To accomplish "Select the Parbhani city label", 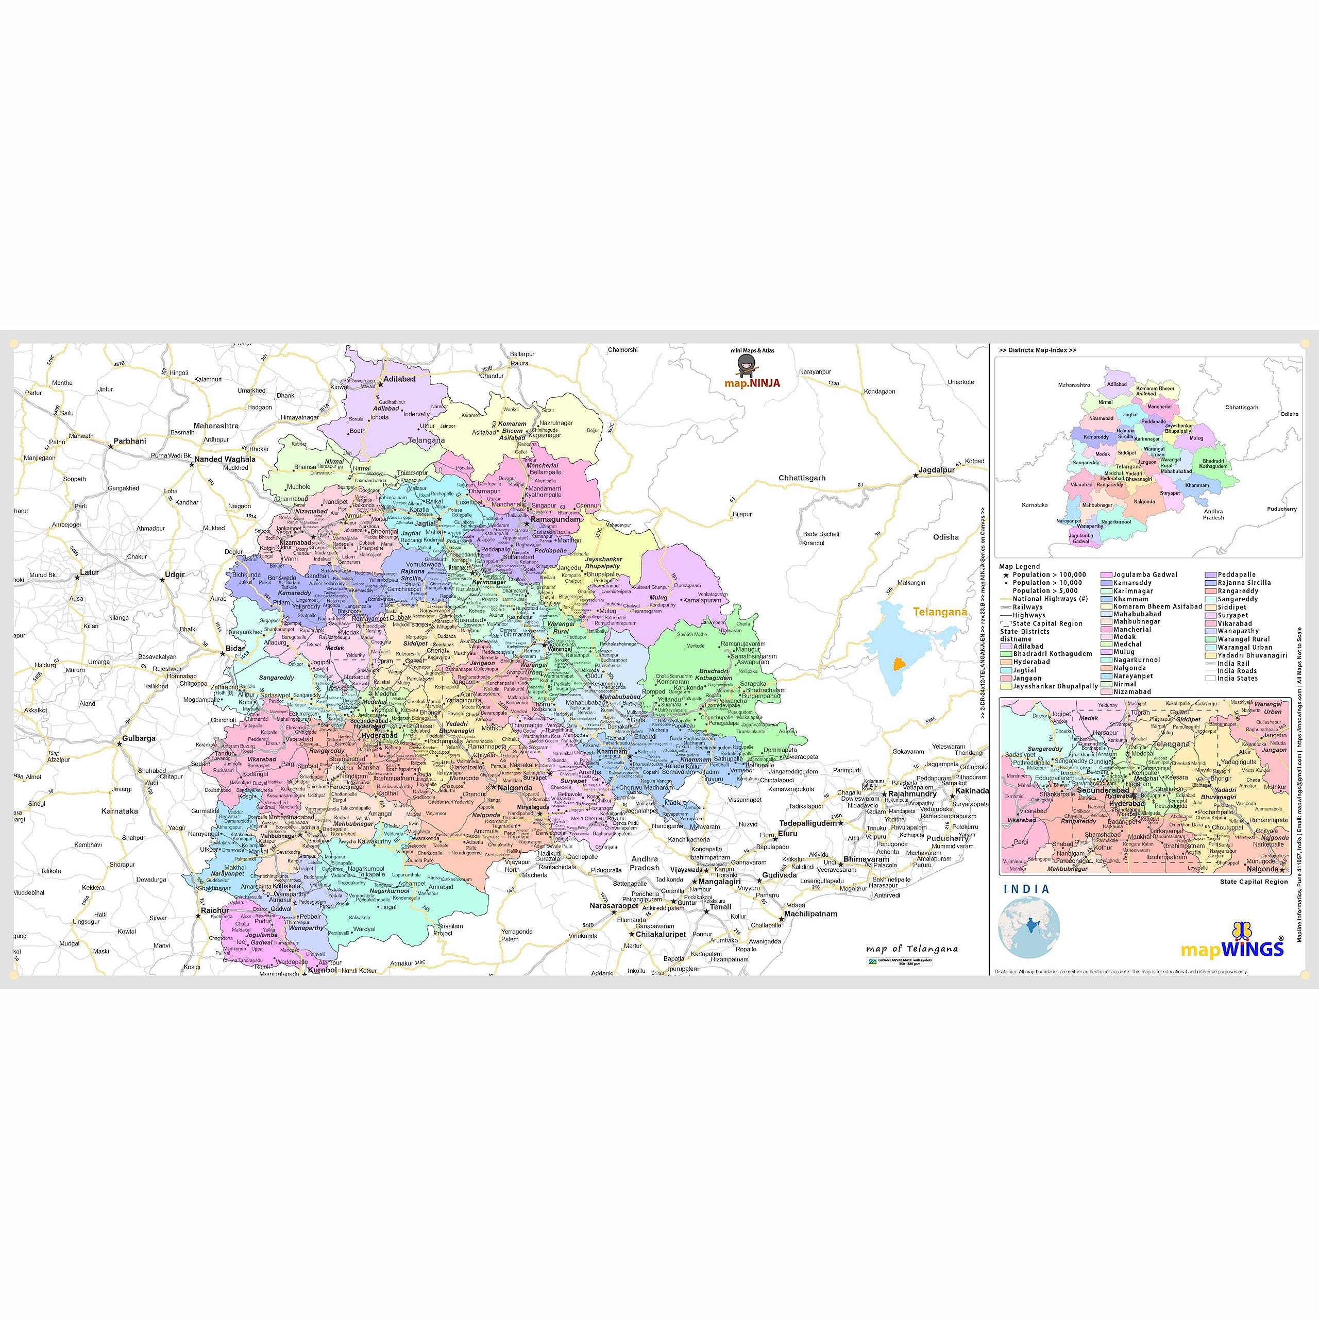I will coord(129,441).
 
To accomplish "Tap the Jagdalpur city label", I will coord(937,470).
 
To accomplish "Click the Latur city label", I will coord(90,572).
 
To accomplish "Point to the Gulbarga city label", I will coord(139,738).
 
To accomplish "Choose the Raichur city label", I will coord(215,910).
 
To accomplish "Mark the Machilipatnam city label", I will coord(810,914).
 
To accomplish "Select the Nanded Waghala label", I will coord(225,460).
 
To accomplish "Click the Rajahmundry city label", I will coord(912,794).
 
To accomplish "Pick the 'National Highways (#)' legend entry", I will coord(1050,599).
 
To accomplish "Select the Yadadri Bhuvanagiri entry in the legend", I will coord(1252,655).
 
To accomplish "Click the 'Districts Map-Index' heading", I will coord(1037,350).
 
